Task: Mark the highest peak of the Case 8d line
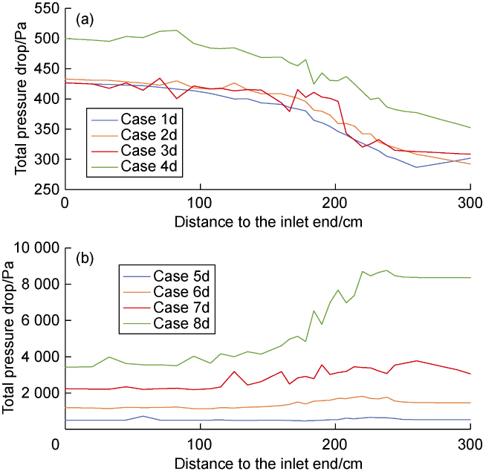click(x=386, y=270)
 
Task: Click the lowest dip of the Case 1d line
click(x=416, y=167)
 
